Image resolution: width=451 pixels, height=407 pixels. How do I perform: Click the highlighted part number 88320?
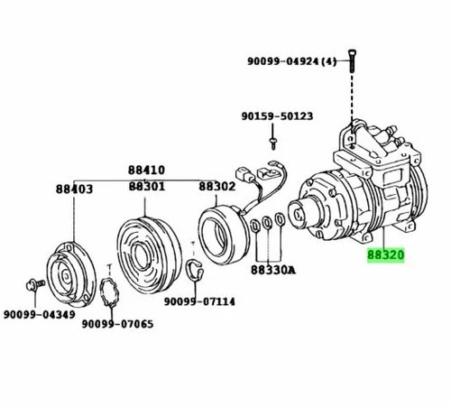pos(386,255)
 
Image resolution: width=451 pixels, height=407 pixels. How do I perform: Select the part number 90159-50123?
pos(276,116)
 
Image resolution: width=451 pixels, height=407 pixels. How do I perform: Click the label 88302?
pos(217,187)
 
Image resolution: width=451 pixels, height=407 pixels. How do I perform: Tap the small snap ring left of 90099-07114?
pos(194,268)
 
